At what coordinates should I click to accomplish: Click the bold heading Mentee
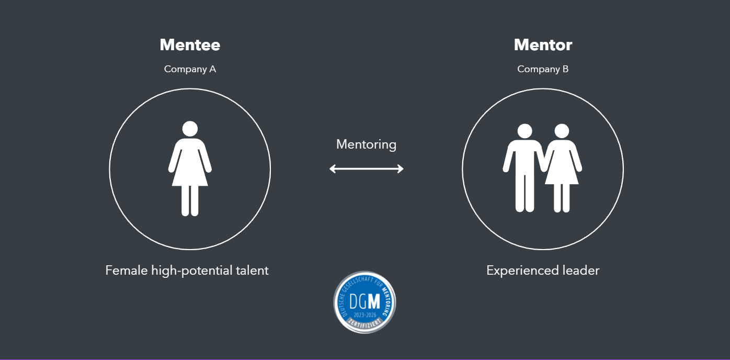(x=190, y=45)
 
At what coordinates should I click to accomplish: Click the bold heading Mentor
(x=543, y=45)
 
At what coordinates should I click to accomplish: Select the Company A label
(x=190, y=69)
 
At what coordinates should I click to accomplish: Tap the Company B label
(x=543, y=69)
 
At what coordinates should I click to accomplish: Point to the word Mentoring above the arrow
(x=366, y=144)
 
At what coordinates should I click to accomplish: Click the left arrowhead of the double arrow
(x=333, y=168)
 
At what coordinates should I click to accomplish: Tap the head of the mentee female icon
(x=190, y=129)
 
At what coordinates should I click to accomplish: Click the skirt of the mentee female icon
(x=190, y=175)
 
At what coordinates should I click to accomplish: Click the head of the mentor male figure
(x=524, y=131)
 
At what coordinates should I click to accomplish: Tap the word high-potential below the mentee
(x=191, y=271)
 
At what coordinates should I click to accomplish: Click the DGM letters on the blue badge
(x=364, y=302)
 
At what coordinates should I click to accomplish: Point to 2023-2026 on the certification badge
(x=364, y=314)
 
